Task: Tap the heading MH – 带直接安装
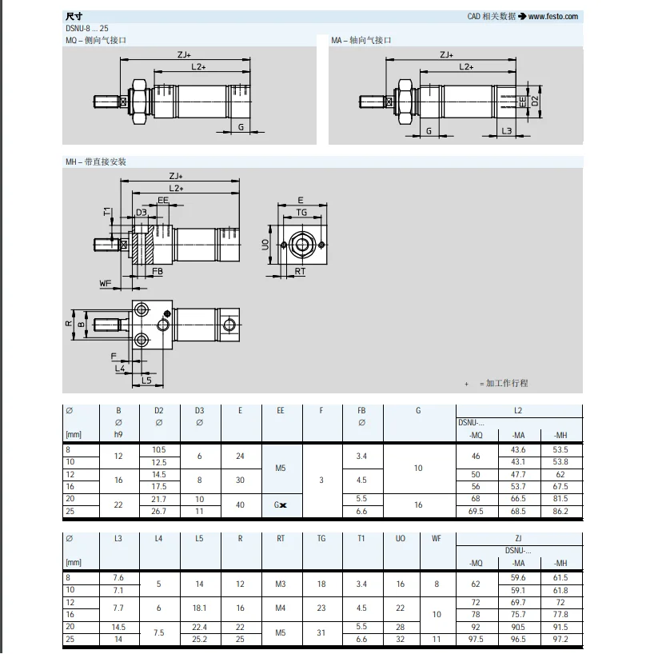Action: click(x=96, y=162)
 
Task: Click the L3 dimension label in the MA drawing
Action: click(x=506, y=130)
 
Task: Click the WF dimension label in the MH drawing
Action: click(x=105, y=283)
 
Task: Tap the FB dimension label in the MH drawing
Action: click(x=158, y=272)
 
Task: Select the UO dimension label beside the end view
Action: click(x=265, y=244)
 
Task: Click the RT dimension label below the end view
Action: click(x=300, y=272)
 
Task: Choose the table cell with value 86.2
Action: click(x=560, y=510)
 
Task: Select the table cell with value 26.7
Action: click(x=158, y=510)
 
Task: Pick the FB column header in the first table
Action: click(x=361, y=410)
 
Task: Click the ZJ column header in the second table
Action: click(x=518, y=538)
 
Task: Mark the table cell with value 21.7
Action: click(x=158, y=498)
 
